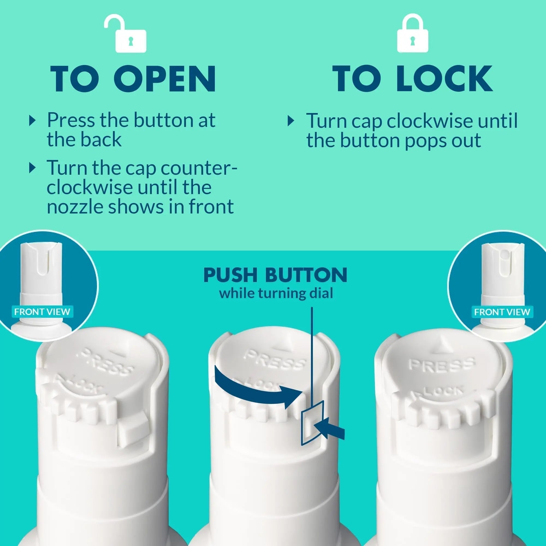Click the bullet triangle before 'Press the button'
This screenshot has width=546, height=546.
tap(33, 121)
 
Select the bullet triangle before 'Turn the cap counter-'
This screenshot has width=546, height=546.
tap(33, 168)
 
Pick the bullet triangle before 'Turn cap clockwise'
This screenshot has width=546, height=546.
tap(291, 121)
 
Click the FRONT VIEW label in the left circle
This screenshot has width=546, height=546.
tap(42, 312)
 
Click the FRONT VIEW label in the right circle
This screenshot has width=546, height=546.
tap(502, 312)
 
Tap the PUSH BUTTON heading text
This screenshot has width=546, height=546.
tap(275, 275)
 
